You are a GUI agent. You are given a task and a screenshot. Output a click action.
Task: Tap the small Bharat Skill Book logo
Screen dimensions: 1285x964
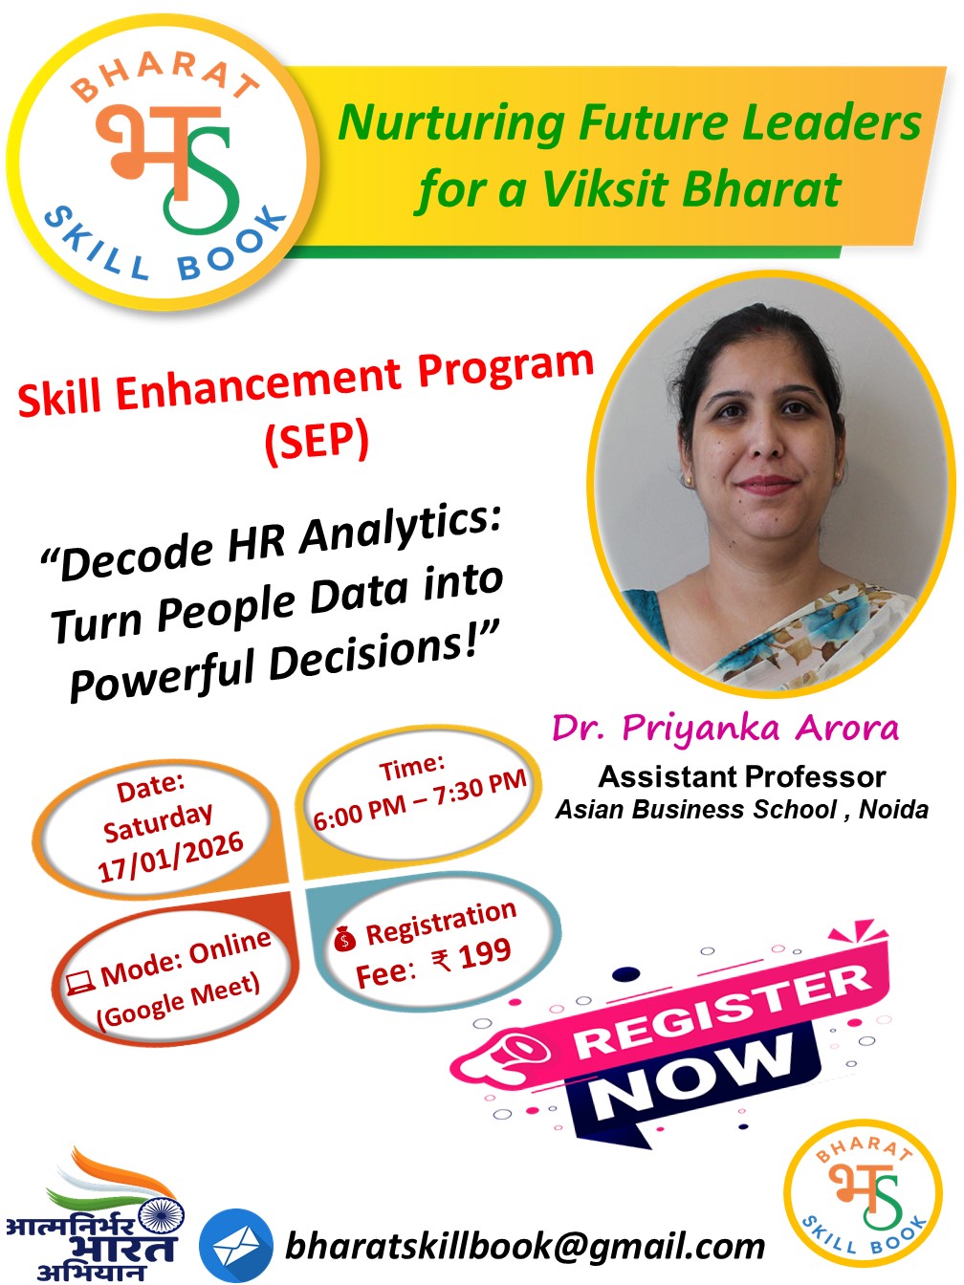[864, 1199]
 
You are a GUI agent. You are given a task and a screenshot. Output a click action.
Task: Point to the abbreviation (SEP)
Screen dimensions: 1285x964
[317, 442]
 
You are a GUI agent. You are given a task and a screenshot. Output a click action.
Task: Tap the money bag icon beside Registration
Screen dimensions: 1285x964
[344, 940]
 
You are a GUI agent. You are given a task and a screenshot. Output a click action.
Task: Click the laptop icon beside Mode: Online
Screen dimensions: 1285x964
[79, 982]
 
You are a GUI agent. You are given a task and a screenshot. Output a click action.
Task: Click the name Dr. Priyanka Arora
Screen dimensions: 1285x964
[725, 729]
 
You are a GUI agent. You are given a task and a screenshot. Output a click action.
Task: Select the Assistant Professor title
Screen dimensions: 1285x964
[741, 776]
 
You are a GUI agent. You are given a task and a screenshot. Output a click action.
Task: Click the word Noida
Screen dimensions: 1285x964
[893, 810]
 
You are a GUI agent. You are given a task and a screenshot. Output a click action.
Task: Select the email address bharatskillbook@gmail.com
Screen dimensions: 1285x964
[525, 1246]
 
